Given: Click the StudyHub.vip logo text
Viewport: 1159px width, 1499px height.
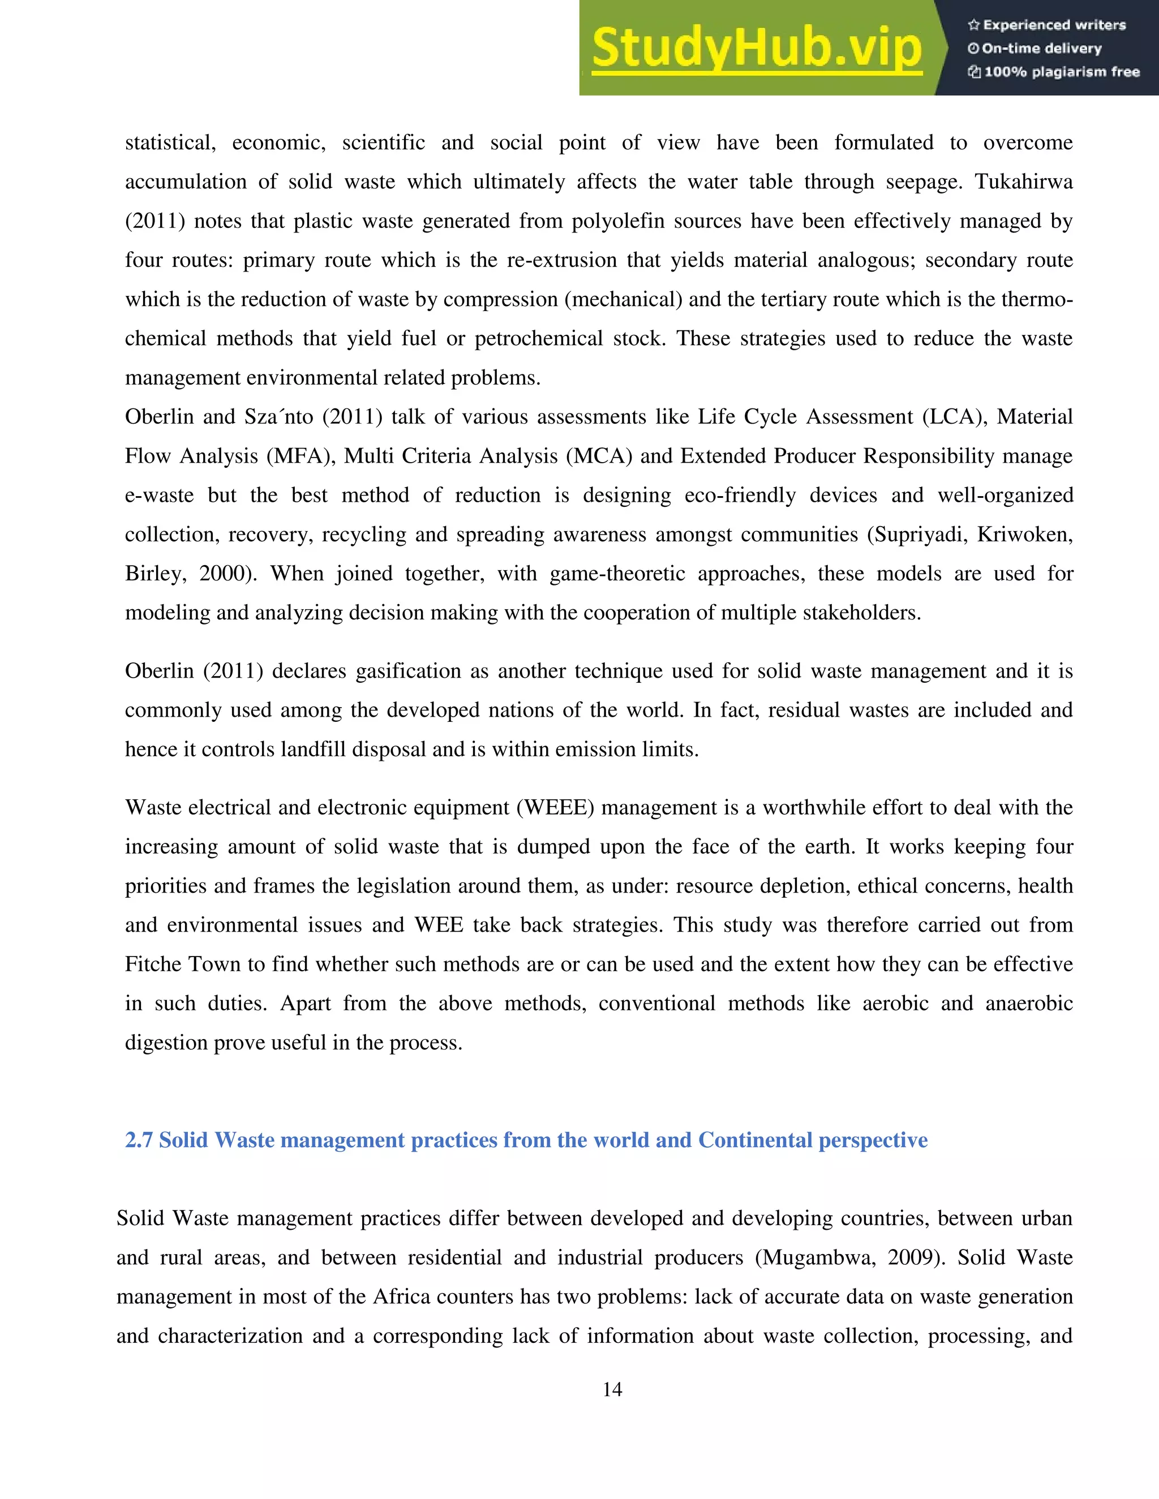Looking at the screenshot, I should (x=756, y=48).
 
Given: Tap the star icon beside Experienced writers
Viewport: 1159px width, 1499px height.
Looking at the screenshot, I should (x=973, y=25).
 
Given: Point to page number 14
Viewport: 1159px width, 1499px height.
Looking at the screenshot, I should (x=612, y=1389).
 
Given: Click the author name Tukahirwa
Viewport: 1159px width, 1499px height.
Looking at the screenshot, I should (x=1023, y=182).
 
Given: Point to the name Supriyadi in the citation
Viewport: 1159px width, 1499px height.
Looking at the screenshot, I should (x=917, y=534).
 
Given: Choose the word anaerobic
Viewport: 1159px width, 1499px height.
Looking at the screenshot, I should (x=1028, y=1003).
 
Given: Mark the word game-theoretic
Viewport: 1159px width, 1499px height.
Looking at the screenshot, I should (x=617, y=573).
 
